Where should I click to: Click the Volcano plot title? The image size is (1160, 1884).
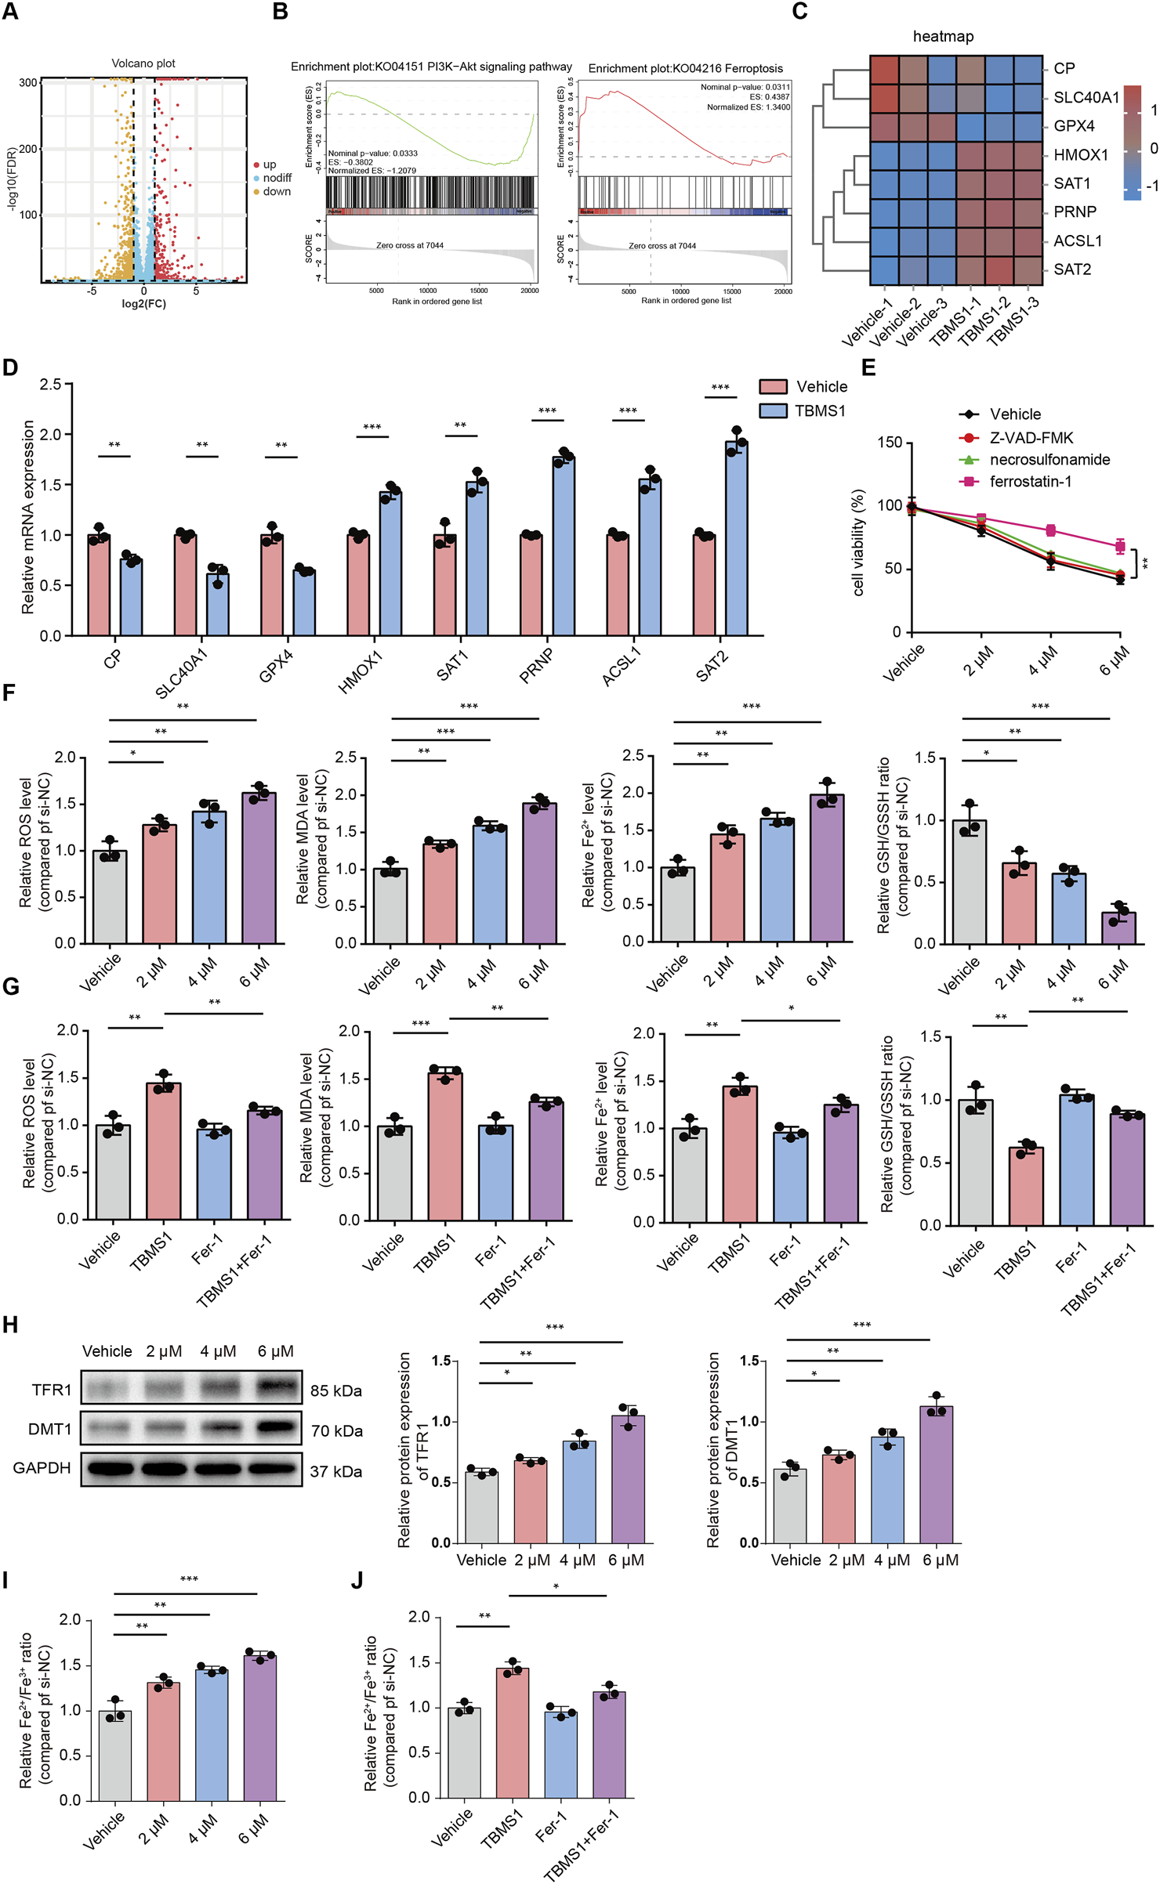143,63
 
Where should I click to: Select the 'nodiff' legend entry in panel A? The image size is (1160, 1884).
277,178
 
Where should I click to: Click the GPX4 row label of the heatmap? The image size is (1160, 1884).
1074,126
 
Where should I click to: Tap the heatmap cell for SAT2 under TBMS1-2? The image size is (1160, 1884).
999,270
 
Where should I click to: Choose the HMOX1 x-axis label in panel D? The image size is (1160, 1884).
361,671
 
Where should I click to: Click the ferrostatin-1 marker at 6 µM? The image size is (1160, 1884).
1120,546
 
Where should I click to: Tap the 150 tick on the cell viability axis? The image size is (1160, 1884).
890,443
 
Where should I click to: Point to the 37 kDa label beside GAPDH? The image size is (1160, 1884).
335,1471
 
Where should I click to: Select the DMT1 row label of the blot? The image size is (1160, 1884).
49,1429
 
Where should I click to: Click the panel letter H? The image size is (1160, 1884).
10,1325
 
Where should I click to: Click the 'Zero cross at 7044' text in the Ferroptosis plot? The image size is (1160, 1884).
662,246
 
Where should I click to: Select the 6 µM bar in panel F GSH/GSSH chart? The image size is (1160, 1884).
1118,928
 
